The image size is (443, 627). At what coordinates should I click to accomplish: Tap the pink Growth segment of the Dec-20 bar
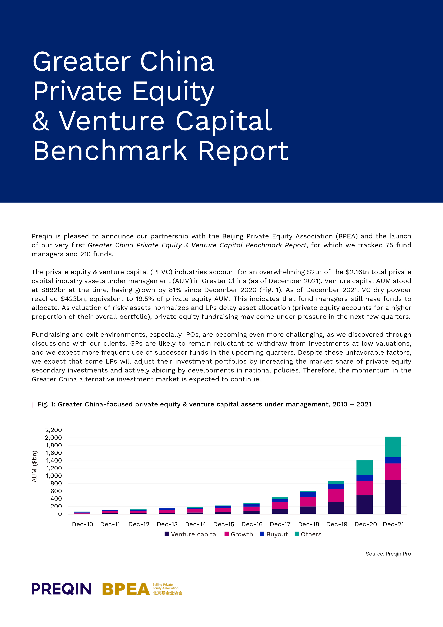click(364, 488)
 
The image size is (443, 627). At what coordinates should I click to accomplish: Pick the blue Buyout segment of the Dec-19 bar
click(336, 486)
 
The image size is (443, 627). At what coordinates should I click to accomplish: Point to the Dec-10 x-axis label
click(82, 524)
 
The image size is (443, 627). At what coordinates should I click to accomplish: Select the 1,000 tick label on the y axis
click(54, 476)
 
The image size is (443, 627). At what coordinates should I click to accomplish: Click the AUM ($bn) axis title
click(34, 466)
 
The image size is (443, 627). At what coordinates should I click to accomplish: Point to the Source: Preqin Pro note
click(388, 554)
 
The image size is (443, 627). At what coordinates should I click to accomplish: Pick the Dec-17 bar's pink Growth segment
click(280, 506)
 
